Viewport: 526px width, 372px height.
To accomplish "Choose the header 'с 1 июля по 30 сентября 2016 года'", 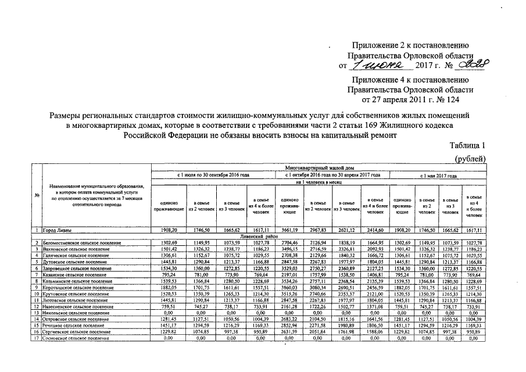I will [213, 174].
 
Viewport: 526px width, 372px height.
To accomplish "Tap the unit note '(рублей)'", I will [468, 159].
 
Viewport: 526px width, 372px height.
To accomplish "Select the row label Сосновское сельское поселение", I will [76, 338].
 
